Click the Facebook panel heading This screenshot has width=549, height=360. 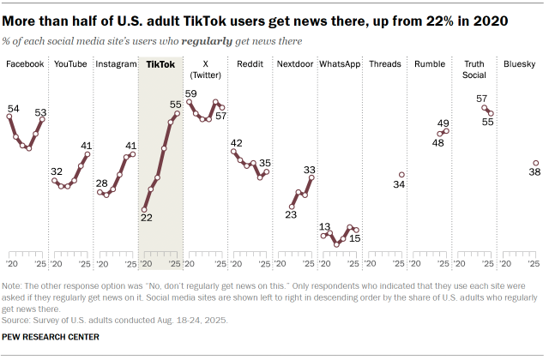tap(25, 64)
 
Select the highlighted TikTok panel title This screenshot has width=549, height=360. tap(160, 64)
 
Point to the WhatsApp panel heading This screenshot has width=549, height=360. tap(339, 64)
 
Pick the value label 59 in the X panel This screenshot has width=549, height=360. tap(191, 93)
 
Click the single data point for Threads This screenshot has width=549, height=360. tap(401, 175)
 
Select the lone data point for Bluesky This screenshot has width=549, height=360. tap(535, 163)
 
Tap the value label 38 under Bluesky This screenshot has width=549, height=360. tap(534, 173)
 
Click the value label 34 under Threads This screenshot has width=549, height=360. tap(399, 185)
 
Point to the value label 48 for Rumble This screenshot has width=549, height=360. tap(437, 143)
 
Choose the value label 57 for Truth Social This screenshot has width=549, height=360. tap(482, 99)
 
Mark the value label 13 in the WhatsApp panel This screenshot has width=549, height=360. tap(325, 226)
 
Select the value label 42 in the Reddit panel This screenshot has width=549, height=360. tap(236, 143)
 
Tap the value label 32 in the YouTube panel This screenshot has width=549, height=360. tap(57, 171)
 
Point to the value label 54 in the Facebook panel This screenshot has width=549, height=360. tap(13, 108)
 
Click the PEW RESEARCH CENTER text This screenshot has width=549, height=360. tap(51, 337)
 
